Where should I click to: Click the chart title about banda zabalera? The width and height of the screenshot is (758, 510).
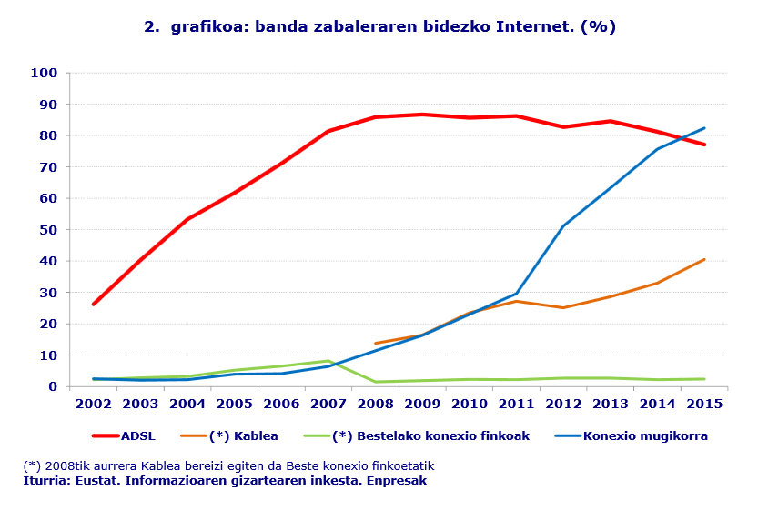379,26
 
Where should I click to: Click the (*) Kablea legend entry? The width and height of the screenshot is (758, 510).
243,436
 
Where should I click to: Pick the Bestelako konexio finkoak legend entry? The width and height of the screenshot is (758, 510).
430,436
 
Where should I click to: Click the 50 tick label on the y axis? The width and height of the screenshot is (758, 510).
47,230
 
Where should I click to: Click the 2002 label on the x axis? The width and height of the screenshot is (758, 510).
93,404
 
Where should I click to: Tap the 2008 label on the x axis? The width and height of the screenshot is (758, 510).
375,404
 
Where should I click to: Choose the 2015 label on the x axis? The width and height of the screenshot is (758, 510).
704,404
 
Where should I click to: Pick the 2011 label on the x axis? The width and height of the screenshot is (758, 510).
516,404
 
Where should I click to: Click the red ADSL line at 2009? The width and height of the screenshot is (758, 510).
422,115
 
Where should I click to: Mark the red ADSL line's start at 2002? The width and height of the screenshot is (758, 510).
93,304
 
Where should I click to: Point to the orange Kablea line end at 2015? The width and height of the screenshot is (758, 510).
704,259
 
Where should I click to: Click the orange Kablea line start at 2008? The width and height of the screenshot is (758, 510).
375,343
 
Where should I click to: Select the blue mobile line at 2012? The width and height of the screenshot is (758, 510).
563,225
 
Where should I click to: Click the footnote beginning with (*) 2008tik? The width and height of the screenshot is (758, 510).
228,466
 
